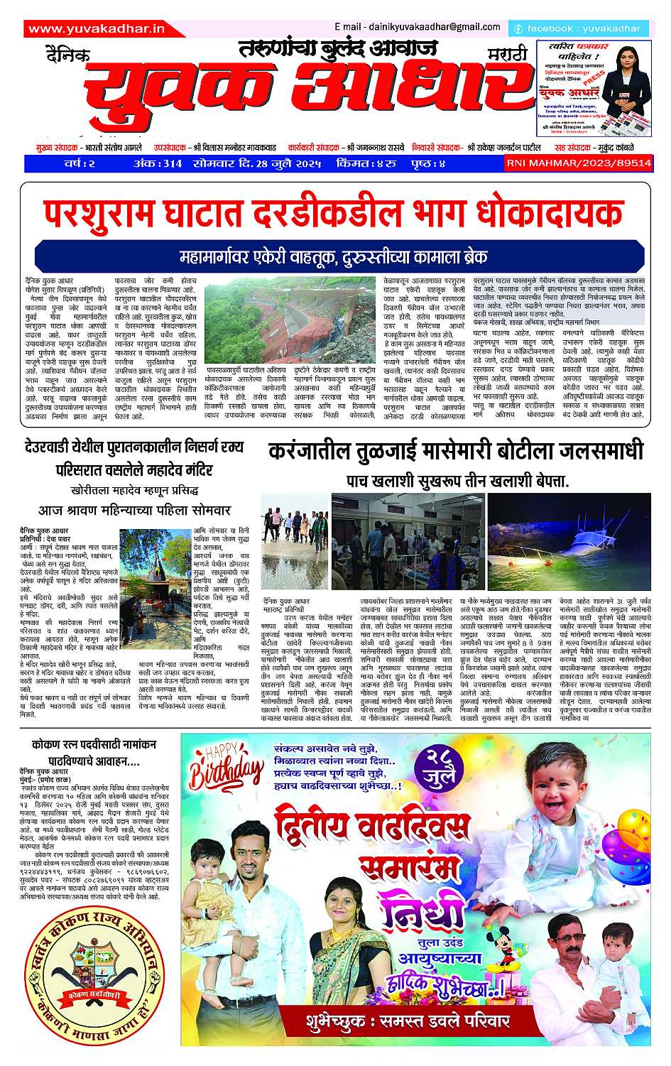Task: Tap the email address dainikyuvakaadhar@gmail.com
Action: (x=417, y=27)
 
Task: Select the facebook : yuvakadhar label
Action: (x=579, y=29)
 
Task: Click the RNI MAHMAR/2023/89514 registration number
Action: (x=578, y=163)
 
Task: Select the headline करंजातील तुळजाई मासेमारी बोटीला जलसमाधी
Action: (x=456, y=452)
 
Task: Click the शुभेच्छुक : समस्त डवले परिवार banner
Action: (x=409, y=1021)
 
